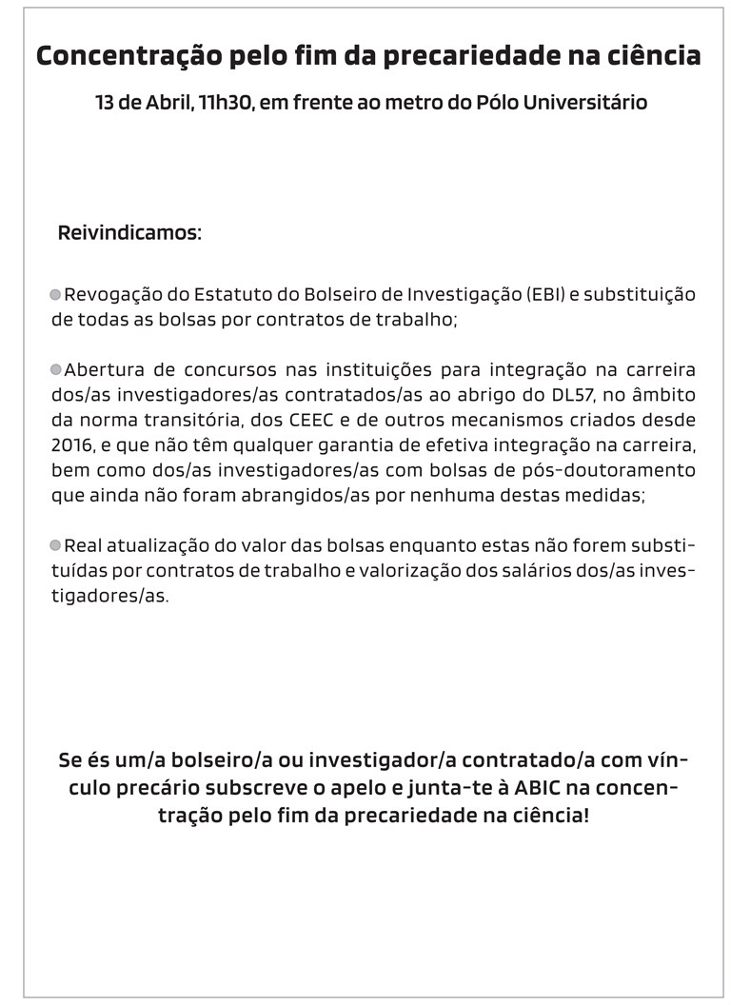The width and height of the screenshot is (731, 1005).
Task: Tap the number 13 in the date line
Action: pyautogui.click(x=106, y=102)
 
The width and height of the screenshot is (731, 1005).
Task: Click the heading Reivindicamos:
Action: pyautogui.click(x=129, y=233)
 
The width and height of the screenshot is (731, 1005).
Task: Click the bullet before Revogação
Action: pyautogui.click(x=55, y=295)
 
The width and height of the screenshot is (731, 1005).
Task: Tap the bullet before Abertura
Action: pyautogui.click(x=55, y=369)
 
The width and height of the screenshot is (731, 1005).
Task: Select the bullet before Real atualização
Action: pyautogui.click(x=55, y=545)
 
